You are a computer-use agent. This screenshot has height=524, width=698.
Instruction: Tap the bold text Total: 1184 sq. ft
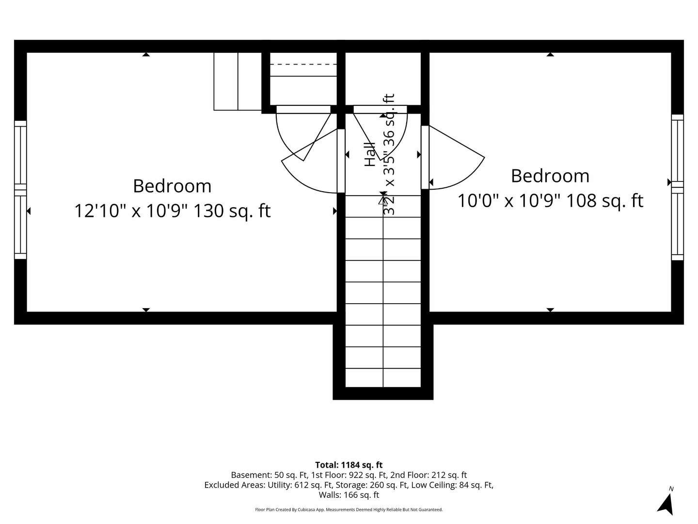tap(349, 465)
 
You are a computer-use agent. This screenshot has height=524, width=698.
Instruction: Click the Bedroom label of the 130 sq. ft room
tap(172, 186)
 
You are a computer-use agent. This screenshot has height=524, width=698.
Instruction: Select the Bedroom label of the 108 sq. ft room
tap(550, 176)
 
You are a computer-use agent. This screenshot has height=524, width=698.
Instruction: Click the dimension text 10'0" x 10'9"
tap(508, 200)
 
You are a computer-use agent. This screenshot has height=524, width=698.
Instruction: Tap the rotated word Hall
tap(370, 154)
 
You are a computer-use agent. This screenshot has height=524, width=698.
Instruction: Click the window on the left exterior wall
tap(20, 190)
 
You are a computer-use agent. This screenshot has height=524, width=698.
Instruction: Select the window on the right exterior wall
tap(677, 187)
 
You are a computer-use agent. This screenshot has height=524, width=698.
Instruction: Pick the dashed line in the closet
tap(303, 64)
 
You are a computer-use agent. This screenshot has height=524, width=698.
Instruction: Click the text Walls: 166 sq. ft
tap(349, 495)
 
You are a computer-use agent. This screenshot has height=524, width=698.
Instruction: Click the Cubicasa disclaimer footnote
tap(349, 509)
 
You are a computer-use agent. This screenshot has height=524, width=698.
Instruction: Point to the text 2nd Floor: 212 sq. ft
tap(428, 475)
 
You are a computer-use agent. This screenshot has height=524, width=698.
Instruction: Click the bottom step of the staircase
tap(383, 378)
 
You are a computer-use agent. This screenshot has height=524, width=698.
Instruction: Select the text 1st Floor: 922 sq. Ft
tap(349, 475)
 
